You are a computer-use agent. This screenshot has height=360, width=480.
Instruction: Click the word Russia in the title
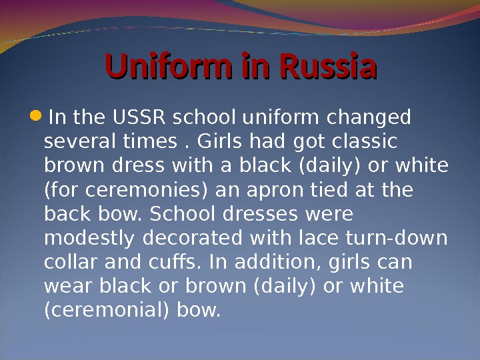coord(329,67)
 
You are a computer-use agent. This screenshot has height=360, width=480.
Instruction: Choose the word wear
coord(65,287)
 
